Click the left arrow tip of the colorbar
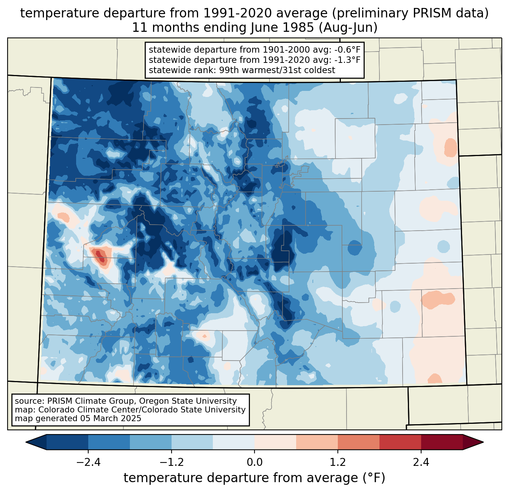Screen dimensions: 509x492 pos(26,442)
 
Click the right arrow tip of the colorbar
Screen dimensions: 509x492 pos(483,442)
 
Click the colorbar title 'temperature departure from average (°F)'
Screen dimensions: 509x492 pos(254,478)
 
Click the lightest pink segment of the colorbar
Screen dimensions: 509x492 pos(275,442)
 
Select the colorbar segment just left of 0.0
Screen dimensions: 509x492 pos(234,442)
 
